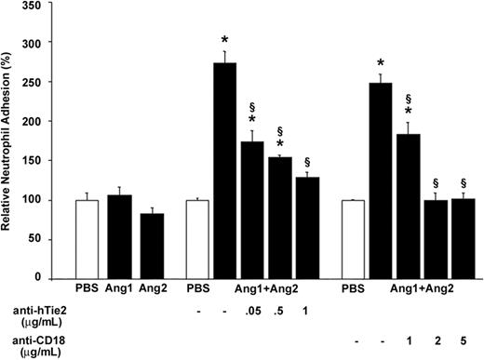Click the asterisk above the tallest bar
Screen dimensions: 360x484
click(x=225, y=40)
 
